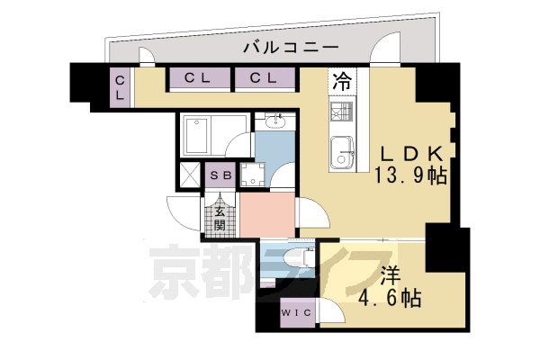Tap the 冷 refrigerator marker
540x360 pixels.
[x=342, y=80]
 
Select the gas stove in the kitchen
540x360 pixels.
[x=343, y=113]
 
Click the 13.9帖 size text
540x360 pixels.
[x=410, y=175]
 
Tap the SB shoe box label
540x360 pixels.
[x=220, y=175]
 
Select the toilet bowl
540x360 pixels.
[x=301, y=256]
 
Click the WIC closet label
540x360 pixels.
[x=296, y=312]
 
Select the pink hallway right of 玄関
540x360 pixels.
[x=267, y=214]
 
